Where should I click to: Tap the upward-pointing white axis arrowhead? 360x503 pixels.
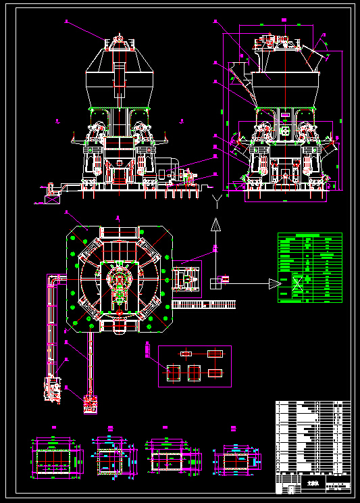(215, 224)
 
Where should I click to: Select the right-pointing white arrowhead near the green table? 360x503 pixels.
(274, 284)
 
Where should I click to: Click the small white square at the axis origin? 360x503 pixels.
(215, 284)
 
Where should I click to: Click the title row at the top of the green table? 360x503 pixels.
(310, 236)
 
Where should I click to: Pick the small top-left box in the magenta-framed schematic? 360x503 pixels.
(186, 354)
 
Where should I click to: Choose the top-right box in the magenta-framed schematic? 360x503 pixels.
(215, 354)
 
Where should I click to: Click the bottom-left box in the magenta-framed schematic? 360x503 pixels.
(173, 373)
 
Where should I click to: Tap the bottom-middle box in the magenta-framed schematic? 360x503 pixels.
(195, 373)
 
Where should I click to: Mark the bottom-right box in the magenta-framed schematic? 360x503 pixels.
(215, 373)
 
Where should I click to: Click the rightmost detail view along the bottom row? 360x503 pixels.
(234, 460)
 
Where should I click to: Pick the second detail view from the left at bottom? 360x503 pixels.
(109, 460)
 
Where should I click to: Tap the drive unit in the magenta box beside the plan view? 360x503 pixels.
(187, 279)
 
